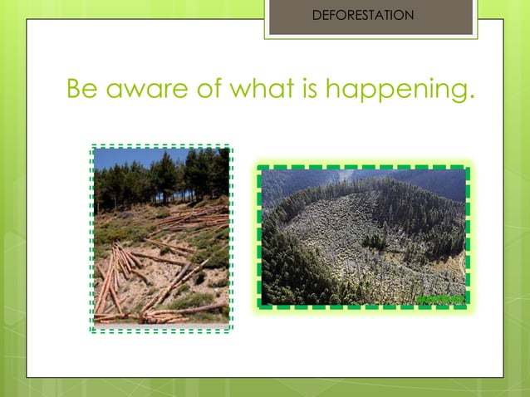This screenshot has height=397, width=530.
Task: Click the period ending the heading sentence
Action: click(472, 95)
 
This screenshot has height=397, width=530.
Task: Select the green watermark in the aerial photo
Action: click(440, 296)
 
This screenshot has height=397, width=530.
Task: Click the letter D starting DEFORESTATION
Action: click(315, 15)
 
